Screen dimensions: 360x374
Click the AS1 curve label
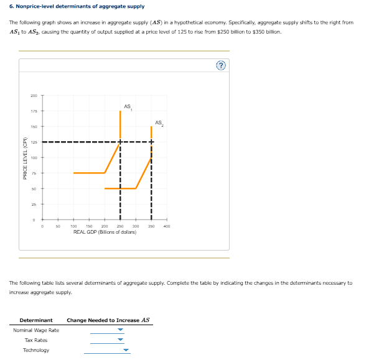[128, 106]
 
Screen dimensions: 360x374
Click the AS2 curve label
[158, 122]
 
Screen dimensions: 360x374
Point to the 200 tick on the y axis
[34, 95]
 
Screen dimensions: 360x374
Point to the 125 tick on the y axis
[34, 142]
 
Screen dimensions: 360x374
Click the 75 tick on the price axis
[34, 173]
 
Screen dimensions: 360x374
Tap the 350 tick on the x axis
[151, 226]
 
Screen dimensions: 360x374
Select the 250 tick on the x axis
[120, 226]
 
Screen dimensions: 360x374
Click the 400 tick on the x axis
[167, 226]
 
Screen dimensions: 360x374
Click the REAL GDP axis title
[105, 232]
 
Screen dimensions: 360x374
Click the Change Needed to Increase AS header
[108, 320]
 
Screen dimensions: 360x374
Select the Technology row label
[36, 350]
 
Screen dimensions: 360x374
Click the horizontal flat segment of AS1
[89, 173]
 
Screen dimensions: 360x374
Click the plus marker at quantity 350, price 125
[151, 142]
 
